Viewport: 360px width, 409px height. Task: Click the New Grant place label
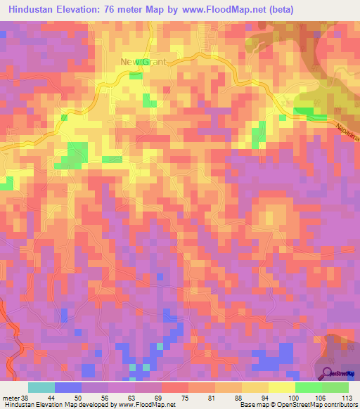click(143, 62)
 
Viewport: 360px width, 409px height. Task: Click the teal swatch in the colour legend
click(41, 387)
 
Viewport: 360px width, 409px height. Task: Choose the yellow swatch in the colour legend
click(281, 387)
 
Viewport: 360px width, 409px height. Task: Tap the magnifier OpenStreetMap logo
click(328, 373)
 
